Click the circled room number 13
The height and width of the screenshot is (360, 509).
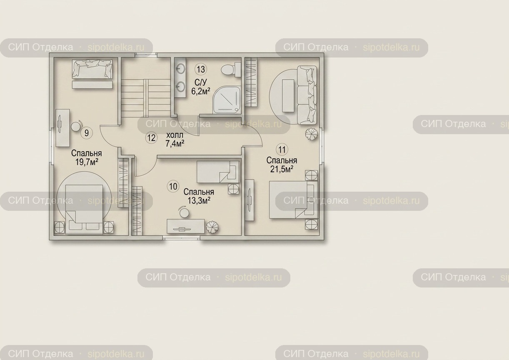tap(201, 69)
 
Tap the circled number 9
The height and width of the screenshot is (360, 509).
tap(87, 133)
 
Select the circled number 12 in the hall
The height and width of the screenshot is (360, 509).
tap(151, 138)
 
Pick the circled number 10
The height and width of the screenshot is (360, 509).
tap(173, 186)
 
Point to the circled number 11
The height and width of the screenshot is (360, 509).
tap(282, 150)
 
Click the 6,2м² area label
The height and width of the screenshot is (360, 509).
tap(200, 91)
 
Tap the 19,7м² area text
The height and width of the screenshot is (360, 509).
tap(87, 162)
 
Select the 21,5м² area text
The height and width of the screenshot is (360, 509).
tap(282, 169)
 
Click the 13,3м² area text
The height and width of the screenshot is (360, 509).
tap(199, 201)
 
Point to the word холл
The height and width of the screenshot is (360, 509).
tap(175, 135)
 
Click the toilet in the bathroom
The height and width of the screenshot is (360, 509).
tap(231, 69)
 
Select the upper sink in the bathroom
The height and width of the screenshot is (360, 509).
tap(181, 68)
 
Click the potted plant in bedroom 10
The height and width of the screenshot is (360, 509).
tap(212, 227)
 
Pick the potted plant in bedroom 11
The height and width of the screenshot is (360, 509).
tap(312, 135)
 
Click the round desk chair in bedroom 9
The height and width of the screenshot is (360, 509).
tap(75, 126)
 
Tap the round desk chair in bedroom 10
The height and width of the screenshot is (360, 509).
tap(184, 212)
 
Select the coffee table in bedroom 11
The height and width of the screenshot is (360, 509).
tap(288, 95)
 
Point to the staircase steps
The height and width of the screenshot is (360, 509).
tap(146, 95)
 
